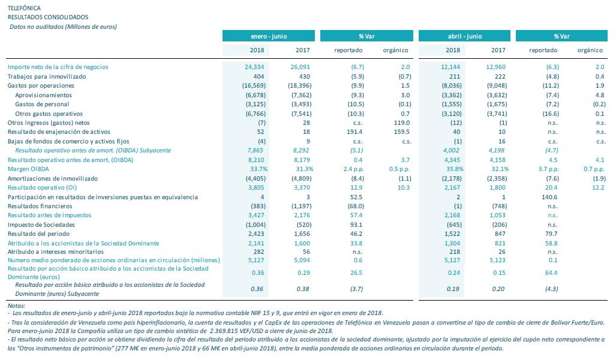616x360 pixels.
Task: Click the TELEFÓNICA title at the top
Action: tap(24, 8)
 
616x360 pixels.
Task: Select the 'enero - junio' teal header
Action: tap(269, 36)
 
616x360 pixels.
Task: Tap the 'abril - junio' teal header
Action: tap(464, 36)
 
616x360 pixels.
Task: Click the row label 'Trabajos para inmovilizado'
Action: tap(47, 77)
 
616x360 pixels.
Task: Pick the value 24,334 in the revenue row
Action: tap(254, 67)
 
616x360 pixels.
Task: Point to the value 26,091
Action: tap(300, 67)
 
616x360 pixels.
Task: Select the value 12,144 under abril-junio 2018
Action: tap(450, 67)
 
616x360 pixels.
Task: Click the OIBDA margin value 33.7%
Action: tap(259, 169)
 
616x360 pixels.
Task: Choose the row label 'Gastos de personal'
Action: tap(42, 104)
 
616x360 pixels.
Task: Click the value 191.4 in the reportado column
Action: tap(354, 132)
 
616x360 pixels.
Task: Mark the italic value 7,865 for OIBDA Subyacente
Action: tap(255, 151)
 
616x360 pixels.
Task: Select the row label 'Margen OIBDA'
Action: tap(28, 169)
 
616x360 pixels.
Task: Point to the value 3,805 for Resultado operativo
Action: tap(256, 188)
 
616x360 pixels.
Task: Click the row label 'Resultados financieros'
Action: tap(40, 206)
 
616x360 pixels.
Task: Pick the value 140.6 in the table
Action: tap(549, 197)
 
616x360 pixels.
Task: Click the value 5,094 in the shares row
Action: tap(302, 260)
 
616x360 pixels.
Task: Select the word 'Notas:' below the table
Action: tap(16, 306)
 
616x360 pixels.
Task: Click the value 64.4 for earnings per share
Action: tap(551, 273)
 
